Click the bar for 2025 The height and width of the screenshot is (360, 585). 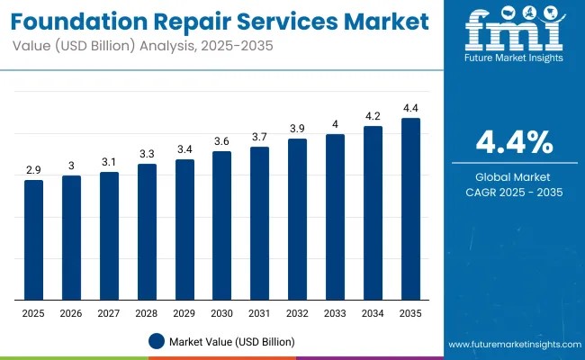[33, 239]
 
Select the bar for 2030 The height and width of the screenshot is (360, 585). [222, 225]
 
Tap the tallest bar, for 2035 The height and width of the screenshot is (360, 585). [410, 209]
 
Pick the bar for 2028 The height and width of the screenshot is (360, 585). [147, 231]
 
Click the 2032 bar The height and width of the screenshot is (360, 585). [297, 219]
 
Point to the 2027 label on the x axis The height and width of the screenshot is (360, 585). [109, 313]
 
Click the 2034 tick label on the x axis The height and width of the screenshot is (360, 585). [373, 313]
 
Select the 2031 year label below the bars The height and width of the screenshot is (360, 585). [259, 313]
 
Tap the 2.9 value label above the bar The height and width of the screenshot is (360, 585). [33, 169]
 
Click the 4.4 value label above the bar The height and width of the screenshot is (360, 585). [410, 107]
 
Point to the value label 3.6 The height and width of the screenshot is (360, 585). [222, 140]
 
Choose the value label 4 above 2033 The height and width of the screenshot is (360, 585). [335, 123]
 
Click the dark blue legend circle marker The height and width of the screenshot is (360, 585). [157, 341]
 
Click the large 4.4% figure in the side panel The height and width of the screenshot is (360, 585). [515, 142]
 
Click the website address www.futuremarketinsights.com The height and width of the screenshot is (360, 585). [512, 345]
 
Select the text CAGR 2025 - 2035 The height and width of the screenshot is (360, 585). [515, 192]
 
